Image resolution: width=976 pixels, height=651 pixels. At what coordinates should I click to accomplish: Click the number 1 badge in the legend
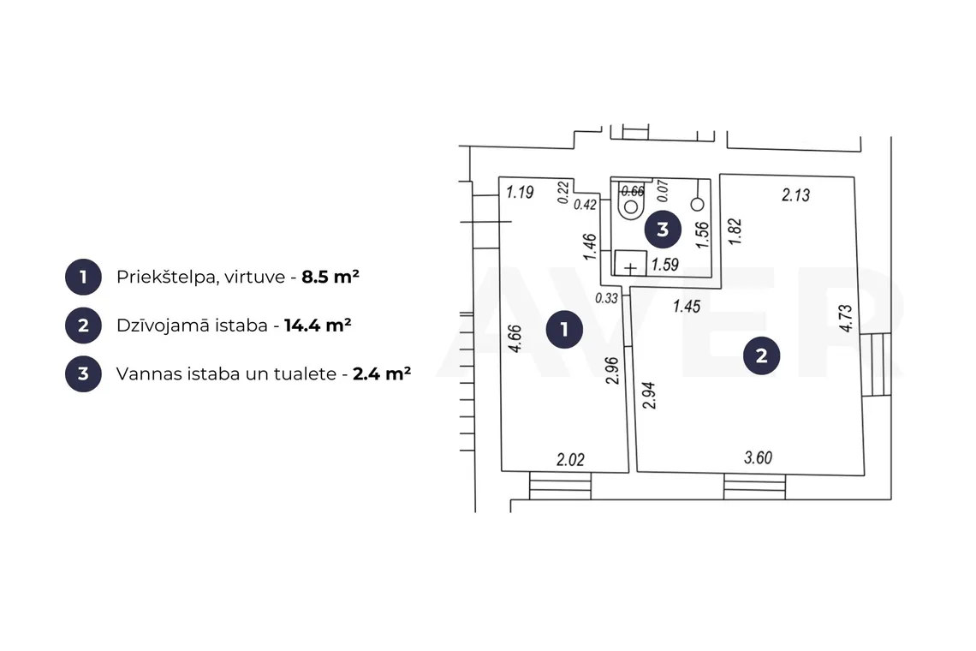tap(83, 278)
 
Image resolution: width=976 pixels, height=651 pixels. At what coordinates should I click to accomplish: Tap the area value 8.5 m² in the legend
tap(330, 277)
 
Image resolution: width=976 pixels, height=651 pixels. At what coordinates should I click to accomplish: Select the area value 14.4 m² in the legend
tap(318, 325)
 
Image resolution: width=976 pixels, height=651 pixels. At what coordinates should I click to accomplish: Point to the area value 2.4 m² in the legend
tap(382, 373)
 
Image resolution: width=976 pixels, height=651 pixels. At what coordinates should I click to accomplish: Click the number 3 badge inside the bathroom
tap(663, 230)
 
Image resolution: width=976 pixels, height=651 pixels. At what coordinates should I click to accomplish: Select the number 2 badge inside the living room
tap(761, 355)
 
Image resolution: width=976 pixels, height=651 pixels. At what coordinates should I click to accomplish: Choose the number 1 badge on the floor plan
tap(564, 329)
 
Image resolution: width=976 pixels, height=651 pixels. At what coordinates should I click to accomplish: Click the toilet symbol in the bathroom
tap(631, 200)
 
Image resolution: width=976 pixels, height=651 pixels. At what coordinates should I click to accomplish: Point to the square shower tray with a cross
tap(630, 263)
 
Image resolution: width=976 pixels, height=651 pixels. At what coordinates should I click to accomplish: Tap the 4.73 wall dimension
tap(845, 318)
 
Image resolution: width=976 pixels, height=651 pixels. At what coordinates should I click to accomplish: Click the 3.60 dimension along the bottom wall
tap(759, 458)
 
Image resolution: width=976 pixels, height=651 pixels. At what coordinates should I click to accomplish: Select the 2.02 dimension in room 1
tap(570, 460)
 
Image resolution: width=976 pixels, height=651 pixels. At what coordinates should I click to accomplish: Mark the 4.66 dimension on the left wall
tap(515, 339)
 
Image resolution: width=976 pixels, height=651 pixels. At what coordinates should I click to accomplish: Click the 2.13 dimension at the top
tap(795, 195)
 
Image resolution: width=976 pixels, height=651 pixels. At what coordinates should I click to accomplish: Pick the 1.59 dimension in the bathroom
tap(664, 265)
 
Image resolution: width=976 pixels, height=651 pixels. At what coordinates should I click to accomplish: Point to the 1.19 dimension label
tap(520, 192)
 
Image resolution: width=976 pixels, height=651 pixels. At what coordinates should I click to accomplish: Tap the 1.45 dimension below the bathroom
tap(687, 307)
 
